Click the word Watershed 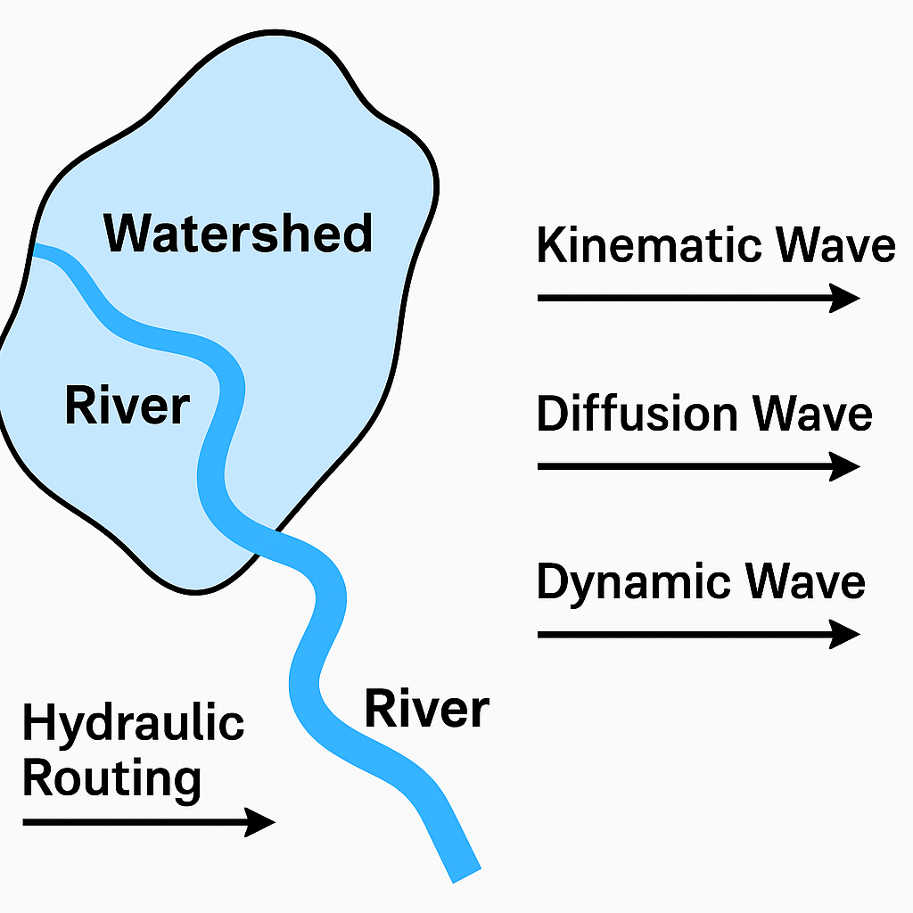pos(238,233)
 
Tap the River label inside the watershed pos(127,406)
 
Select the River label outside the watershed pos(426,710)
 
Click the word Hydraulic pos(133,722)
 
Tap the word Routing pos(111,777)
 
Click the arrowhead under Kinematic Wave pos(844,298)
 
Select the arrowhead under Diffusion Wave pos(844,466)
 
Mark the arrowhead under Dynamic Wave pos(844,634)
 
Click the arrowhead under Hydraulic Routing pos(259,822)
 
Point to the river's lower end pos(465,871)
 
